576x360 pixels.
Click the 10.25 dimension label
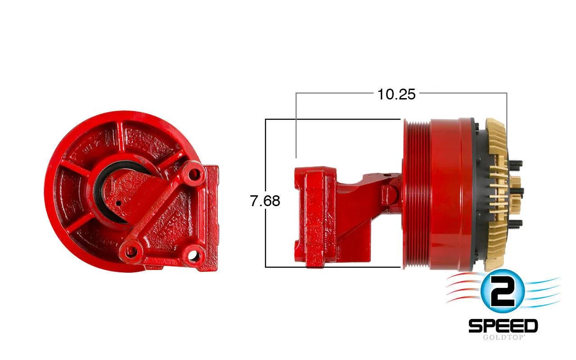click(x=396, y=94)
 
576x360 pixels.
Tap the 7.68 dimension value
click(x=265, y=201)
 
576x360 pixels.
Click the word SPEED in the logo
click(x=503, y=326)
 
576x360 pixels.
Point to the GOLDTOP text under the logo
click(x=503, y=337)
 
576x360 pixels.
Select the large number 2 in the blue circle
click(x=502, y=292)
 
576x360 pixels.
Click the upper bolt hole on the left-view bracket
click(x=193, y=175)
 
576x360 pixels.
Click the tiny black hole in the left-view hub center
click(x=118, y=203)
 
